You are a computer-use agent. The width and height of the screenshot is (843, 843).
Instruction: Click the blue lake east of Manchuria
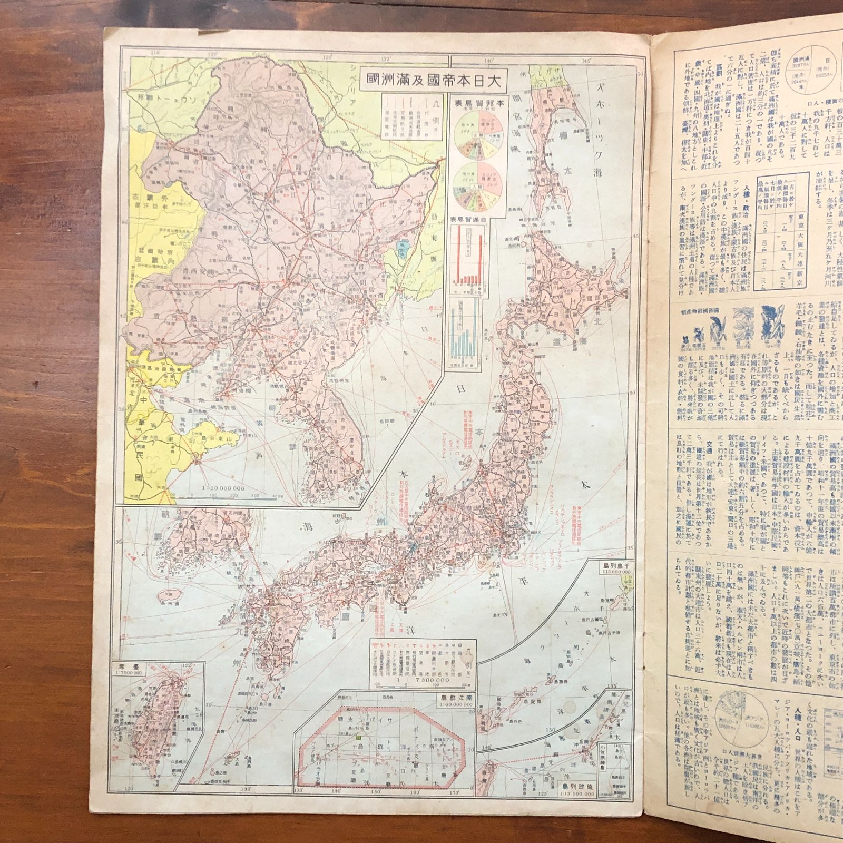404,233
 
